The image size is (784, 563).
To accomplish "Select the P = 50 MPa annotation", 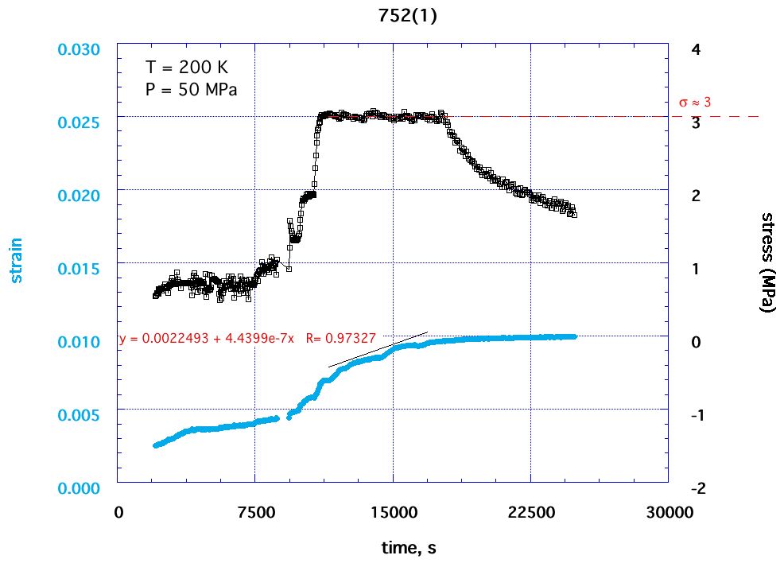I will tap(191, 89).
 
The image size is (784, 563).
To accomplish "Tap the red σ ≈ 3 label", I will tap(694, 103).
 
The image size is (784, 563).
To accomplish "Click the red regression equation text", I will tap(246, 339).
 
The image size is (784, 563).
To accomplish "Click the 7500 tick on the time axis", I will tap(255, 513).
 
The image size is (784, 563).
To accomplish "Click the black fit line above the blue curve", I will tap(378, 350).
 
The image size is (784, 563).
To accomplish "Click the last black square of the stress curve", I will tap(572, 213).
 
